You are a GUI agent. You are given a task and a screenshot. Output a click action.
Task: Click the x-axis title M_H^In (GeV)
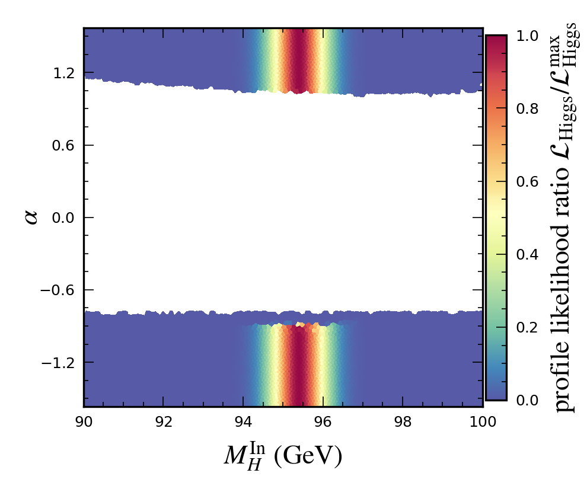(283, 455)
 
